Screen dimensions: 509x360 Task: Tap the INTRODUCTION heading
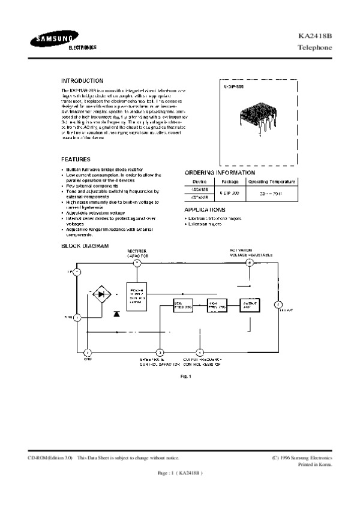tap(82, 80)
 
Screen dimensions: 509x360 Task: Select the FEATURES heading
tap(76, 159)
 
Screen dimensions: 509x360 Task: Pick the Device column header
tap(199, 181)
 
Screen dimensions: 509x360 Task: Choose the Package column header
tap(230, 181)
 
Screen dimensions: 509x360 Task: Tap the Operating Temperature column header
tap(272, 181)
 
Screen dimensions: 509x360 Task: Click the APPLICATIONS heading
tap(205, 210)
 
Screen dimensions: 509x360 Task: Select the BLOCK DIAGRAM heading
tap(85, 246)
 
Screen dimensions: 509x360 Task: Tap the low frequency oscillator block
tap(182, 305)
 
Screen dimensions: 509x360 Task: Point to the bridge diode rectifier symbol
tap(104, 294)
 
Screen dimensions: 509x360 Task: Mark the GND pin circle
tap(88, 352)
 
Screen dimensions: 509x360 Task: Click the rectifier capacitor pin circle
tap(137, 263)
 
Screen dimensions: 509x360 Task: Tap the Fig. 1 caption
tap(185, 376)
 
